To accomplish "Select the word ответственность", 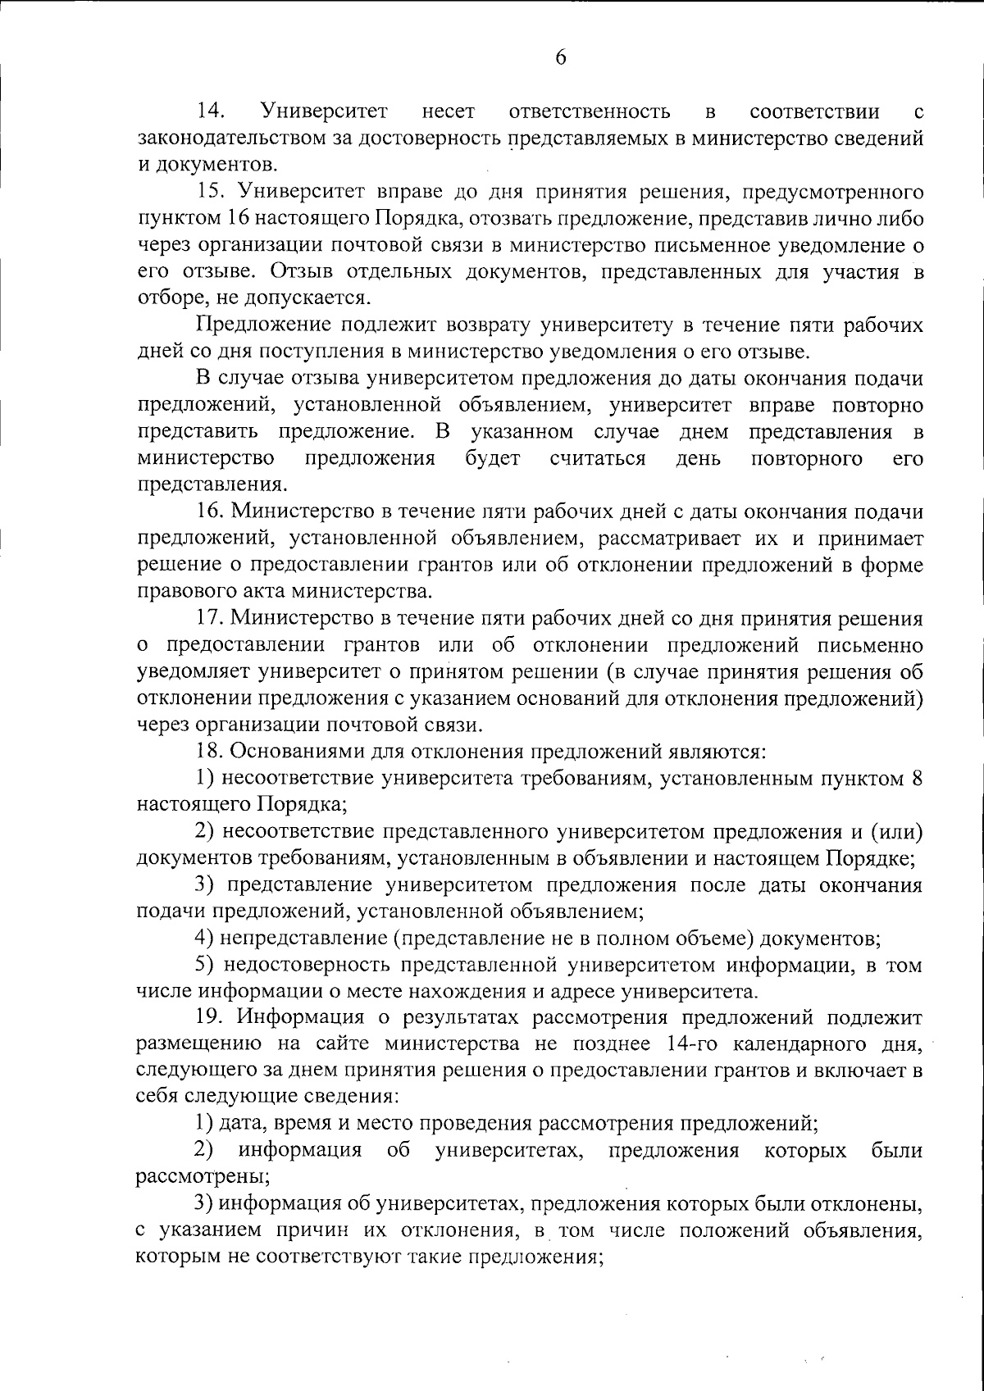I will click(x=590, y=111).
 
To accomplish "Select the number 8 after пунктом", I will click(x=917, y=777).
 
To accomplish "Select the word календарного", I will click(x=811, y=1043).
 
